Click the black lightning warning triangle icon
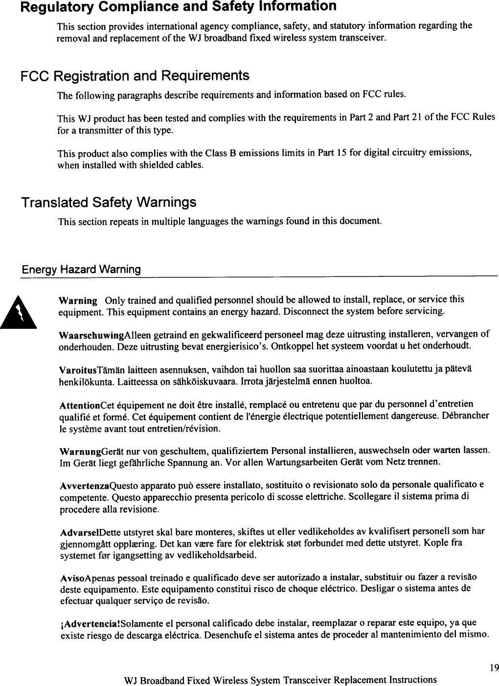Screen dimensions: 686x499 click(21, 311)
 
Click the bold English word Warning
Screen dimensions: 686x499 click(77, 300)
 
